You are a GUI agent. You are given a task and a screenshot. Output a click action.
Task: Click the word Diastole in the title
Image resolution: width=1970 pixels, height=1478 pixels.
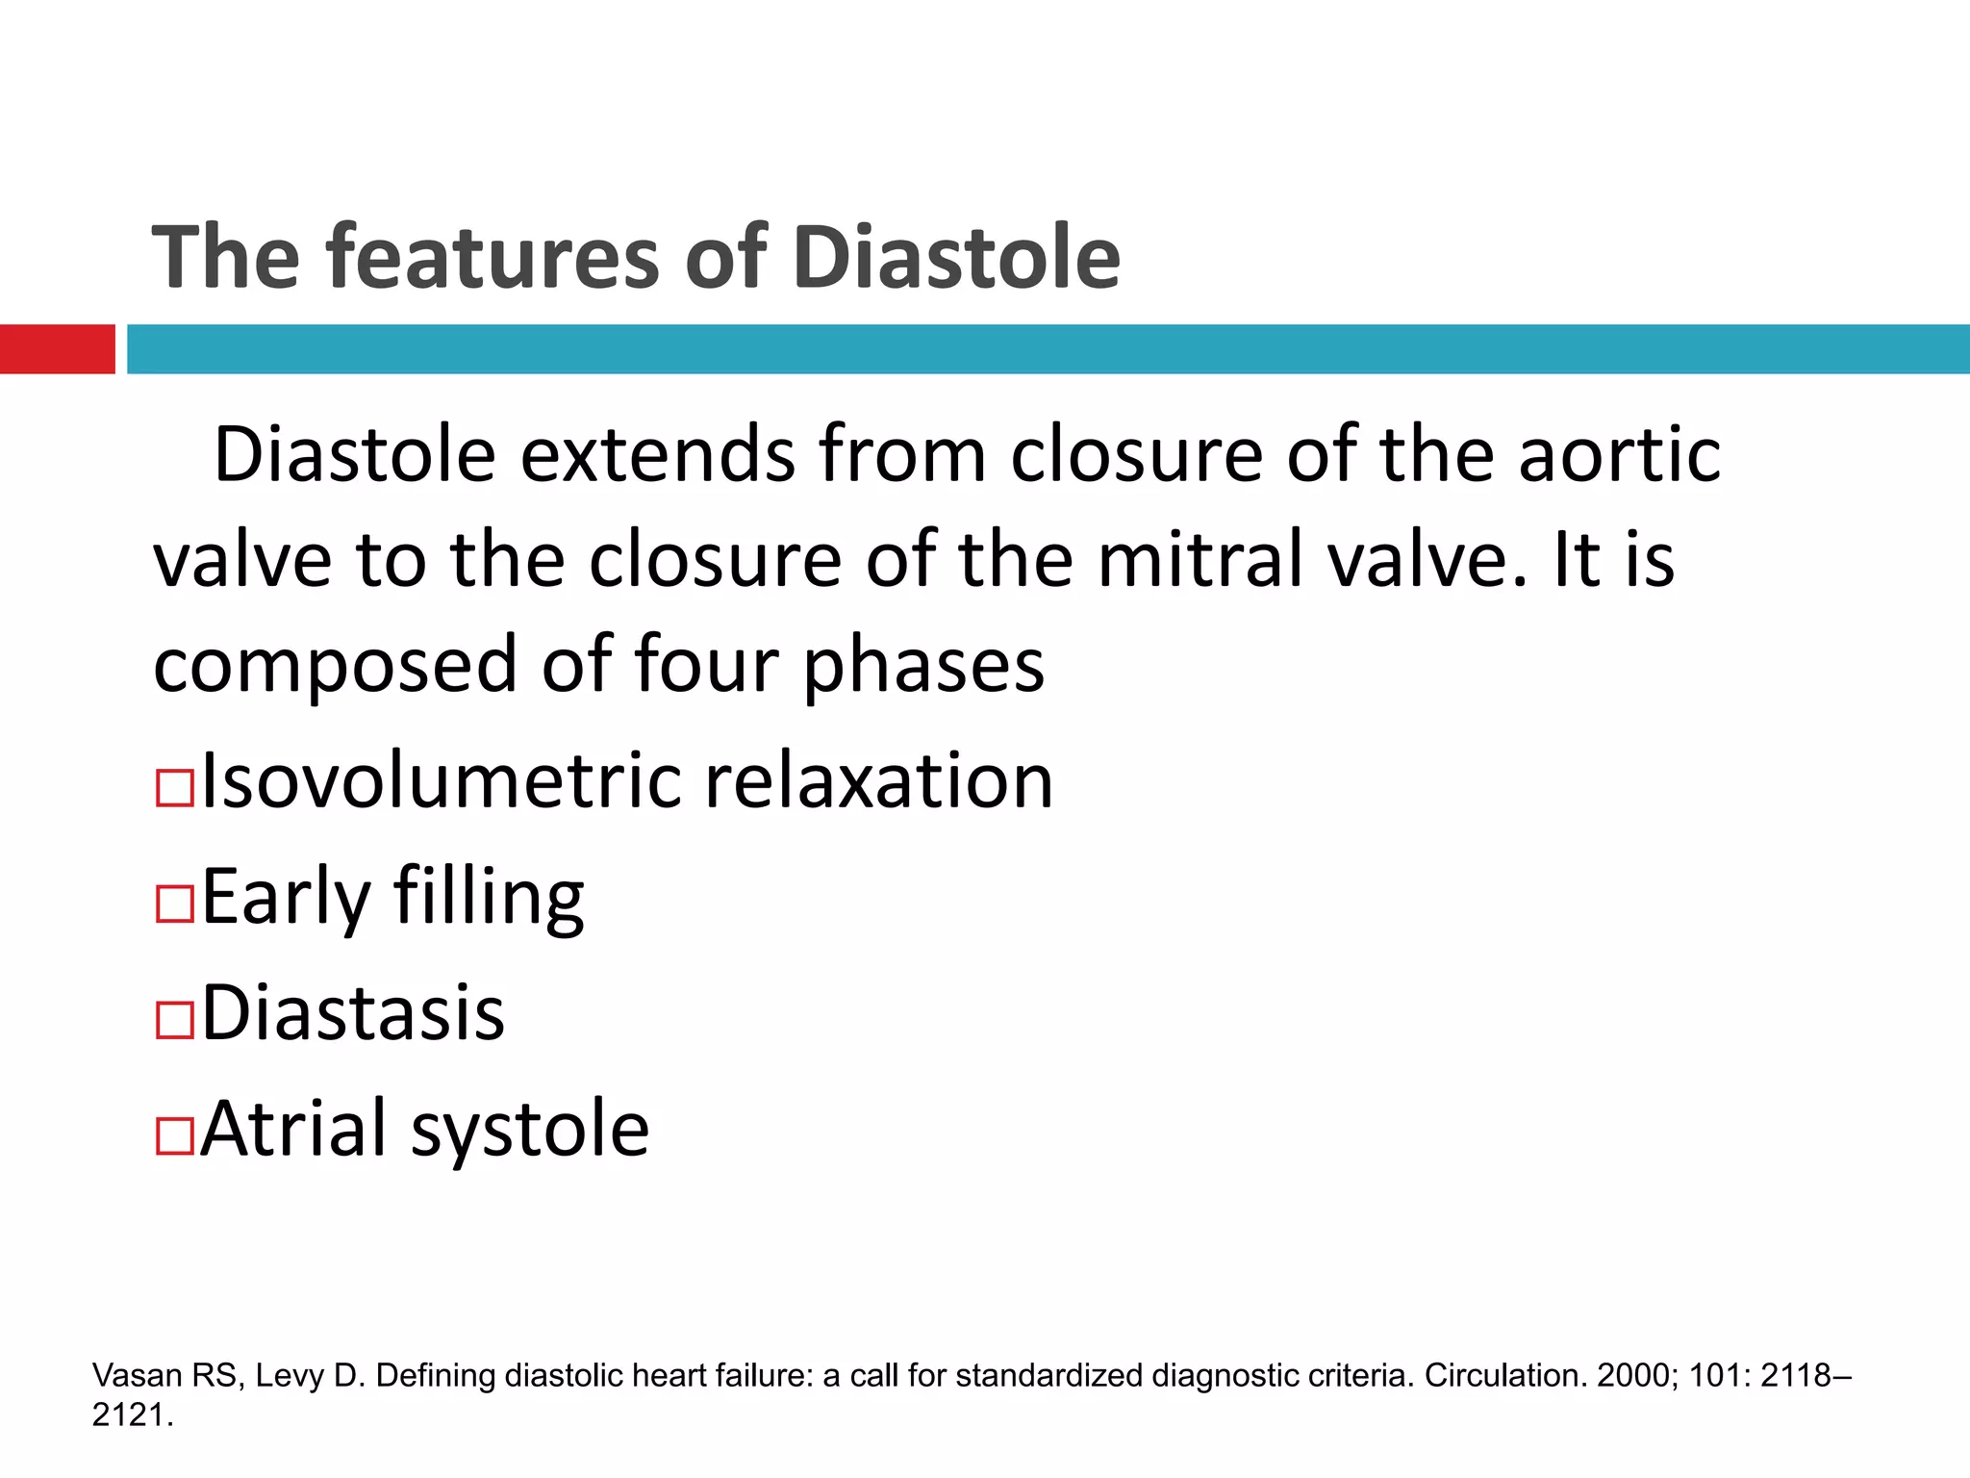(957, 257)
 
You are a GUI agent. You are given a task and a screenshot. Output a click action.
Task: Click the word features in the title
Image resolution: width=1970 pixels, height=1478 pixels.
(493, 257)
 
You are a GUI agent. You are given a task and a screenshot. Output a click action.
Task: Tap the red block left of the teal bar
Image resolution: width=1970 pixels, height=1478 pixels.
(57, 348)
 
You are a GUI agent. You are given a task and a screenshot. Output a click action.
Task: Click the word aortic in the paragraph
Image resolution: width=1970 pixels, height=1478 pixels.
(1619, 455)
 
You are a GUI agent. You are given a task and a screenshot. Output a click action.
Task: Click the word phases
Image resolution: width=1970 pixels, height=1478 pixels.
(923, 667)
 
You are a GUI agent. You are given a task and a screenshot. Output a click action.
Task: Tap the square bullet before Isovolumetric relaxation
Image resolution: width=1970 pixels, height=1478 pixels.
(175, 788)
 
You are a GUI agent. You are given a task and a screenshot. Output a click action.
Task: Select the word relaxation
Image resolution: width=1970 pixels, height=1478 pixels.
(878, 780)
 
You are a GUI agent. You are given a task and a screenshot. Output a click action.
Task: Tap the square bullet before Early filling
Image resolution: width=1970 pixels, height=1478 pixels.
(175, 905)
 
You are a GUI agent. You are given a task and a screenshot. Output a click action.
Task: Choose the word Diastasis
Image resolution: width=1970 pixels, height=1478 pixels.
(353, 1013)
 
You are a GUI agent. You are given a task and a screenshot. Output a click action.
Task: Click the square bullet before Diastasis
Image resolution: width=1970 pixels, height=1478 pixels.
(175, 1020)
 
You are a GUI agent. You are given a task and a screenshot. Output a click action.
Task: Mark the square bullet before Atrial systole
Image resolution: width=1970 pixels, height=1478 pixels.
(175, 1135)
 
